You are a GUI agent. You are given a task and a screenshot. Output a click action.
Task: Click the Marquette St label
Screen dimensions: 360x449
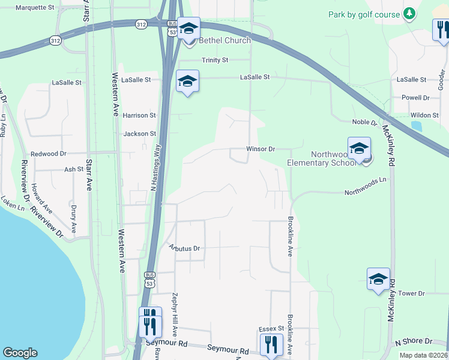tap(35, 8)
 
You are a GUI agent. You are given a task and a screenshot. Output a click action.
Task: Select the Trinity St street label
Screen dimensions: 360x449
tap(215, 60)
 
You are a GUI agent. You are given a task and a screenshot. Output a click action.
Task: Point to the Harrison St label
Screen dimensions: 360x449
tap(139, 115)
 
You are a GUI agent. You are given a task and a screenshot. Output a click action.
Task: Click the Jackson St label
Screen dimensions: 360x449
tap(139, 134)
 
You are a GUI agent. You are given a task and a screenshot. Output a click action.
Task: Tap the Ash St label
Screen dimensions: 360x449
tap(73, 170)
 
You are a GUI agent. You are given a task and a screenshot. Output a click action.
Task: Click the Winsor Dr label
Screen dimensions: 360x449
tap(260, 149)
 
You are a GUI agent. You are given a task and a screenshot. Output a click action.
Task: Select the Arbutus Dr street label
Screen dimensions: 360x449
tap(184, 248)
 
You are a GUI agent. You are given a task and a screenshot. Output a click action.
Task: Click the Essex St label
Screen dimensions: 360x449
tap(271, 329)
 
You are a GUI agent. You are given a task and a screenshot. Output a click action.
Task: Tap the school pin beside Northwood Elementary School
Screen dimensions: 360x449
tap(359, 149)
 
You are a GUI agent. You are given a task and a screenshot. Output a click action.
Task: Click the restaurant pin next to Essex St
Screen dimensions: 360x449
tap(271, 345)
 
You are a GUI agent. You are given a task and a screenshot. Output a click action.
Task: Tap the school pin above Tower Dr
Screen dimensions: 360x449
tap(378, 280)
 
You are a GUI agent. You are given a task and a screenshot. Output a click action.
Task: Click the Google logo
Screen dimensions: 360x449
tap(20, 353)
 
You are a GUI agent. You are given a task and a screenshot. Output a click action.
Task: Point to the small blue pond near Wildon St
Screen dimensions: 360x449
tap(416, 127)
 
